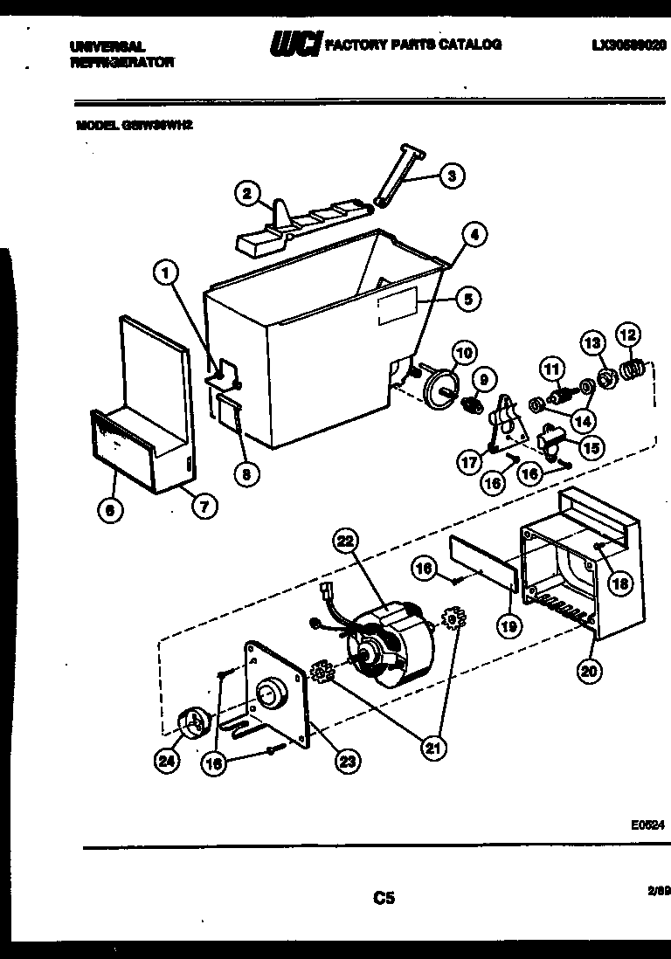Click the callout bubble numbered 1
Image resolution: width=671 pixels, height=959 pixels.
click(x=164, y=274)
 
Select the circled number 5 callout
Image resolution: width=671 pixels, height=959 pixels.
click(x=467, y=300)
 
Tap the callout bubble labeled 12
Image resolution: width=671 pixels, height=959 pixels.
click(x=627, y=335)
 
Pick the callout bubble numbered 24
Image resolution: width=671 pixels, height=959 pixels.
click(x=166, y=761)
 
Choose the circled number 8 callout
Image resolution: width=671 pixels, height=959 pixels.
click(x=246, y=474)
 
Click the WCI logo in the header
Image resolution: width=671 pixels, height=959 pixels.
click(x=294, y=45)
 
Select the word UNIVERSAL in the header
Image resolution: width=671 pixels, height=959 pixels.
click(x=106, y=45)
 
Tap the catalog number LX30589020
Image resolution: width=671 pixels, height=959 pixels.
click(x=628, y=44)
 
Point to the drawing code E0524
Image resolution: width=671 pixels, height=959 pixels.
click(x=647, y=824)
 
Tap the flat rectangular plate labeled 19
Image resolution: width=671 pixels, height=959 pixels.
click(x=484, y=566)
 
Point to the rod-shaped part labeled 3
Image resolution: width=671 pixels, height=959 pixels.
click(x=398, y=178)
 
